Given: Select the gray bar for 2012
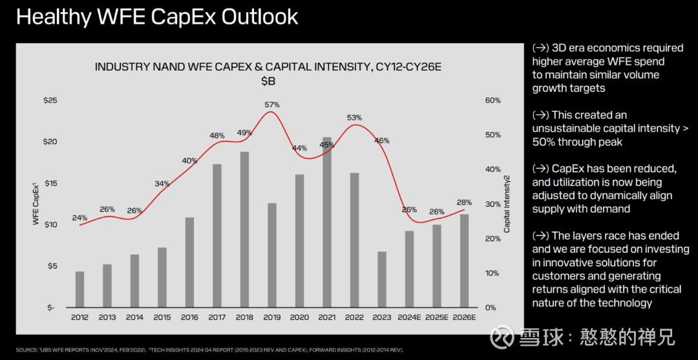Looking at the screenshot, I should [79, 289].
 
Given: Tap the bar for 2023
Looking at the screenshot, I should [382, 279].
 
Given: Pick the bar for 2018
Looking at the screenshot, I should [244, 229].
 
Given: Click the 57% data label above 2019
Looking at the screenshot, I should [272, 105].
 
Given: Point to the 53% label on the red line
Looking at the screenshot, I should [354, 118].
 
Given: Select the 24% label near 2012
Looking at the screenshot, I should [79, 218].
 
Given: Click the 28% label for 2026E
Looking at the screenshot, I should [464, 202].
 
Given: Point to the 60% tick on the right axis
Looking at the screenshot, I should [492, 101].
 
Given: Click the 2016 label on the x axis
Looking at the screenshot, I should [189, 317].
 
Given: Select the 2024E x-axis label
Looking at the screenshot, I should [409, 317].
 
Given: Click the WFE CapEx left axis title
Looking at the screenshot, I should [36, 204].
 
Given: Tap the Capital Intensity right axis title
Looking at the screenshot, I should [507, 204].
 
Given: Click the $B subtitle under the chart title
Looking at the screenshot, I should [268, 81].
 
